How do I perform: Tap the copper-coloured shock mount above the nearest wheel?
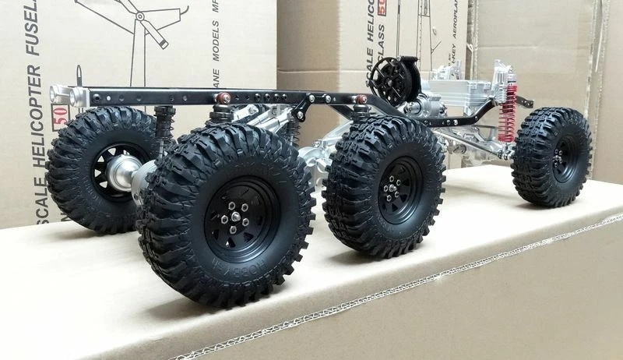(222, 99)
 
